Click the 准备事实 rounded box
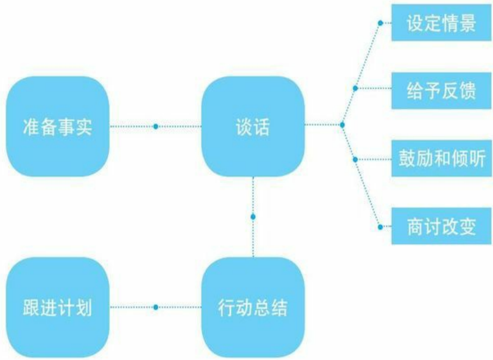coord(57,126)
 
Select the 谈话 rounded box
coord(253,126)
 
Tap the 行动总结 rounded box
coord(253,307)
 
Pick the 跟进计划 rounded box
coord(57,307)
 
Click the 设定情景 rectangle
coord(442,24)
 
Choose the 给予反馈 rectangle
coord(442,91)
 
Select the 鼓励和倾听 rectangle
coord(442,159)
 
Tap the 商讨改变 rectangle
coord(442,227)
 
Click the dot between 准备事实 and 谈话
coord(156,126)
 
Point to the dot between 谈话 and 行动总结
coord(253,217)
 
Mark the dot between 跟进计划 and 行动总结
coord(156,307)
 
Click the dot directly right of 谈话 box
coord(342,125)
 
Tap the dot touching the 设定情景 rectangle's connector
coord(380,23)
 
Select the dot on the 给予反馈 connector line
coord(356,89)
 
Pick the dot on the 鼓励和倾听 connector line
coord(355,159)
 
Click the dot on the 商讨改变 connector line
coord(380,225)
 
